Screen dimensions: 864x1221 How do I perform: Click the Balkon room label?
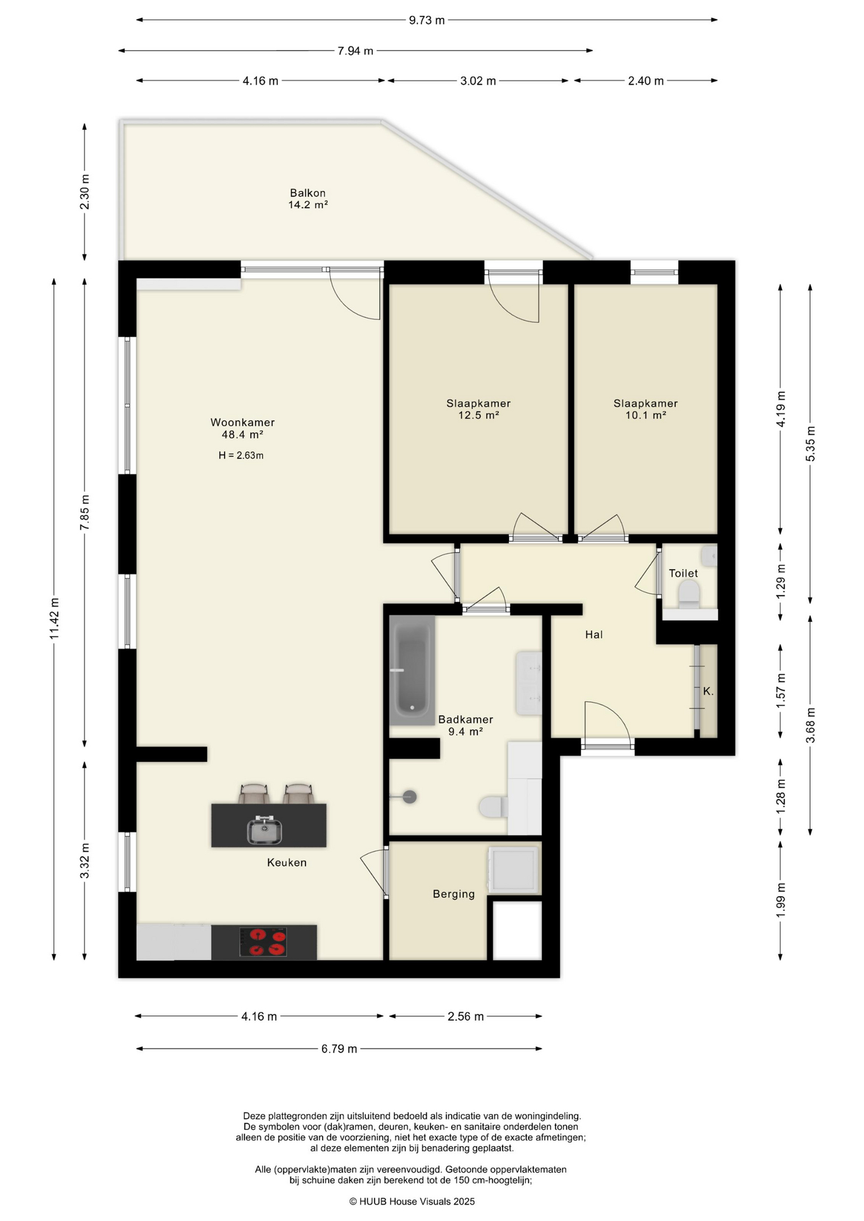[x=308, y=198]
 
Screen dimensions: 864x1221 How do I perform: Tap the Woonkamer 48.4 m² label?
[x=242, y=428]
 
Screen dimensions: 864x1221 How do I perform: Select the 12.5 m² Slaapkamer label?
[x=478, y=409]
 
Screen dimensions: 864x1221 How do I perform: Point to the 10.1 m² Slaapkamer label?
[x=646, y=409]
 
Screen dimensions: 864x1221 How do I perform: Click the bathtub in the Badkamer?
[x=412, y=670]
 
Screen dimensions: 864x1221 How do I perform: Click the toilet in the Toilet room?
[x=689, y=595]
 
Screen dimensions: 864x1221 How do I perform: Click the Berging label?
[x=454, y=894]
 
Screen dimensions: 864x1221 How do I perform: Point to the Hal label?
[x=594, y=635]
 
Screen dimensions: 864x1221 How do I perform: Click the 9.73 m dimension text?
[x=427, y=20]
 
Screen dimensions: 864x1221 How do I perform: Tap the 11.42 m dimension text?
[x=55, y=619]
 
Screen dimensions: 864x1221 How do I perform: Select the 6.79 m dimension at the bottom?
[x=339, y=1049]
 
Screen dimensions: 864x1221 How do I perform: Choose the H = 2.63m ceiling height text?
[x=241, y=455]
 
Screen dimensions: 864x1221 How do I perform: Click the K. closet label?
[x=708, y=691]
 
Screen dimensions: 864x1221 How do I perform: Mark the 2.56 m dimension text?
[x=466, y=1016]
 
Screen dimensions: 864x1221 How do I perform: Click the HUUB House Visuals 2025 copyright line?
[x=412, y=1201]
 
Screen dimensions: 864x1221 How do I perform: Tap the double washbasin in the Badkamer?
[x=529, y=683]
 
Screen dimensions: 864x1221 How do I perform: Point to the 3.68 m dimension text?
[x=811, y=725]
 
